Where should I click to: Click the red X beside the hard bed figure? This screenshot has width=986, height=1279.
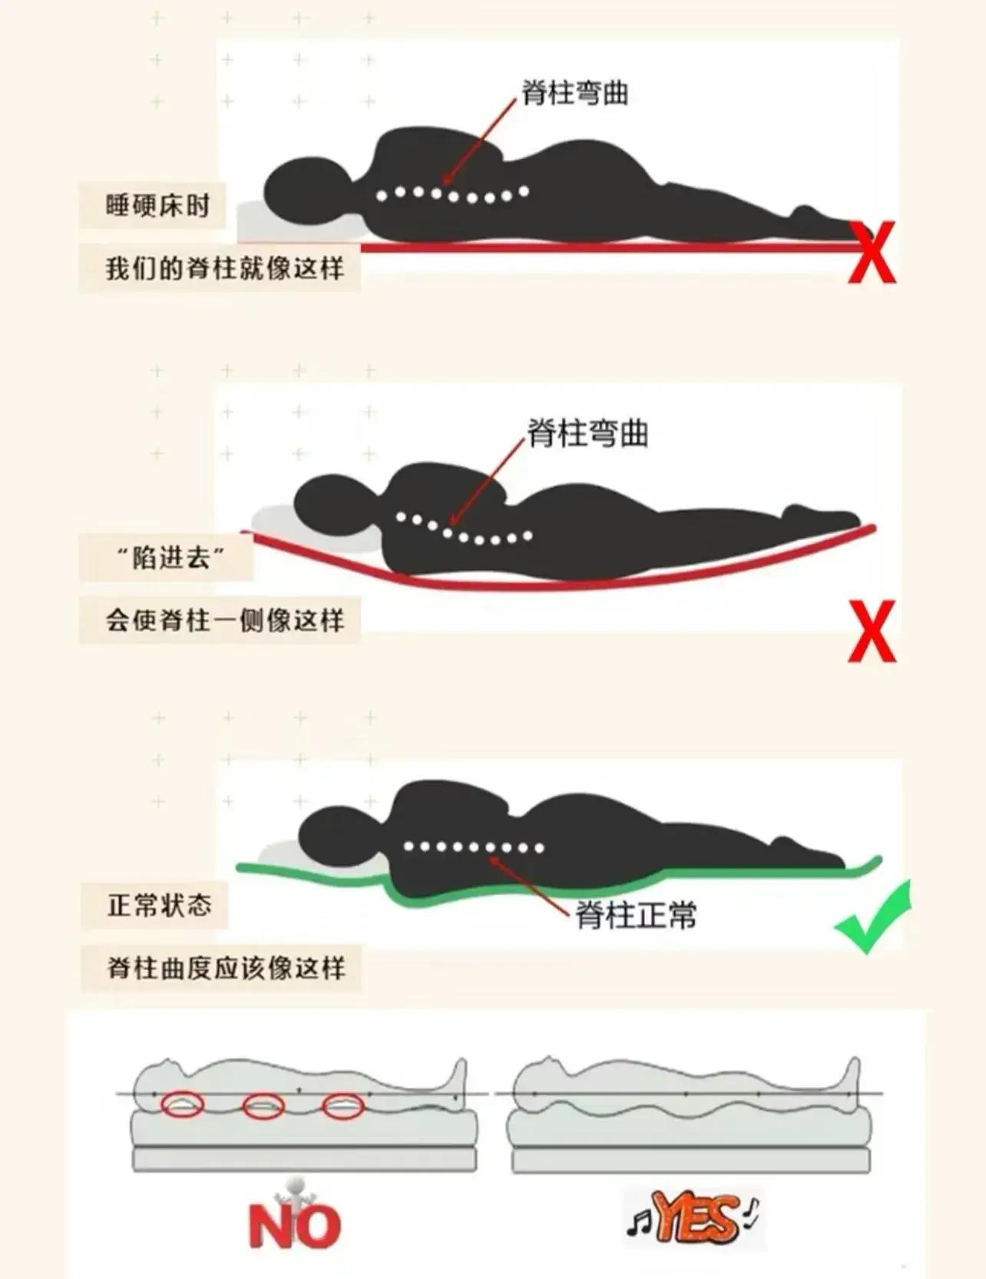872,252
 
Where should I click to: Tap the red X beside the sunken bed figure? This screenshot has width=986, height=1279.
872,631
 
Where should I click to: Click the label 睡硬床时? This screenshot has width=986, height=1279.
157,205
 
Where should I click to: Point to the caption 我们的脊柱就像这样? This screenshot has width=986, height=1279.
224,268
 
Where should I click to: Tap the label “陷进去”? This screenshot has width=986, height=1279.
170,557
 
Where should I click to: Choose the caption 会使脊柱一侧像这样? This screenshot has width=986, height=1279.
224,619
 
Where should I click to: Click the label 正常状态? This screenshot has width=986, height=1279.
159,905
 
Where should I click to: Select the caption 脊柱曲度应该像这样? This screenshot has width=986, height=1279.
226,967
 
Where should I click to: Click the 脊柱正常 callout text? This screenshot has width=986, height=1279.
636,915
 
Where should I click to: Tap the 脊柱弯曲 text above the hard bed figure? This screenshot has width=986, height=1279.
575,93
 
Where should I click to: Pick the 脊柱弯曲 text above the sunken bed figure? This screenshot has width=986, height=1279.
587,433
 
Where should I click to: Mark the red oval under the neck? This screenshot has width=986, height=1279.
183,1105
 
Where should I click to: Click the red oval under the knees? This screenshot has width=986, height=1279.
343,1107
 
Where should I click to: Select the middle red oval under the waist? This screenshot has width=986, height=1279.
263,1107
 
